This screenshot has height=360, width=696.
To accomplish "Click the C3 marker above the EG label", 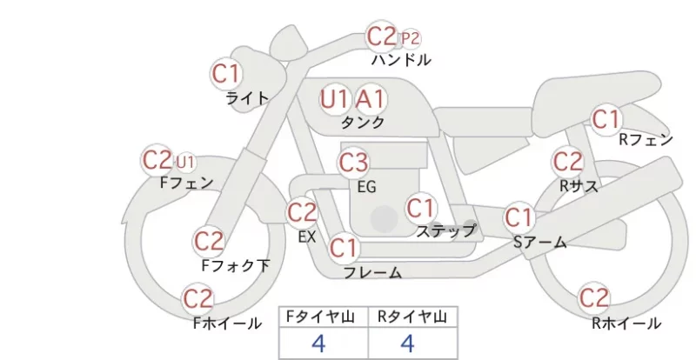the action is pyautogui.click(x=353, y=163).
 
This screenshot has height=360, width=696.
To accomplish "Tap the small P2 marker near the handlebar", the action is pyautogui.click(x=410, y=39).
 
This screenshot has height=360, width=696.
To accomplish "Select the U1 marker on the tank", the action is pyautogui.click(x=335, y=99).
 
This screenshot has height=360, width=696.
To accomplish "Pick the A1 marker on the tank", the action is pyautogui.click(x=371, y=99).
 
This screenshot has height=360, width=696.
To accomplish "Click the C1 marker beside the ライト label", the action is pyautogui.click(x=226, y=74).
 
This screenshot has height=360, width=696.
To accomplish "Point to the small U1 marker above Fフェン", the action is pyautogui.click(x=185, y=163).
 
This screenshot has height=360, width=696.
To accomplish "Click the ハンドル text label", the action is pyautogui.click(x=401, y=59).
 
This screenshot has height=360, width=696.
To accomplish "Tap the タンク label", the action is pyautogui.click(x=363, y=122).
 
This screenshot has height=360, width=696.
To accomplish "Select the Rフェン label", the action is pyautogui.click(x=646, y=140).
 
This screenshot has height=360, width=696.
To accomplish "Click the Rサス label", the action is pyautogui.click(x=579, y=186).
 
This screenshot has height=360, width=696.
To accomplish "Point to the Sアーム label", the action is pyautogui.click(x=540, y=242).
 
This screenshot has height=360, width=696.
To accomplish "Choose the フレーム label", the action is pyautogui.click(x=373, y=272).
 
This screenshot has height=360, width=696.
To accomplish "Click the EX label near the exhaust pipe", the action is pyautogui.click(x=307, y=237).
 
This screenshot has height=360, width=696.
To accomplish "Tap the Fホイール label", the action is pyautogui.click(x=227, y=323).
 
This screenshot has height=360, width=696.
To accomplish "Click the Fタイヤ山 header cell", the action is pyautogui.click(x=324, y=317).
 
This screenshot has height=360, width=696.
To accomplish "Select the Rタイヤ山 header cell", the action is pyautogui.click(x=412, y=317).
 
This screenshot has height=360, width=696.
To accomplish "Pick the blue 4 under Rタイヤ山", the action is pyautogui.click(x=407, y=343).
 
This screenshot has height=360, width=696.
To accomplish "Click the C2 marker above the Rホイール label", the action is pyautogui.click(x=594, y=297).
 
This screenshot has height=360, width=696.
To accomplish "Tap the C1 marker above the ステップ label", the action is pyautogui.click(x=420, y=208).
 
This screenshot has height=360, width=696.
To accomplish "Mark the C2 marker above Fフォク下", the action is pyautogui.click(x=209, y=242).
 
